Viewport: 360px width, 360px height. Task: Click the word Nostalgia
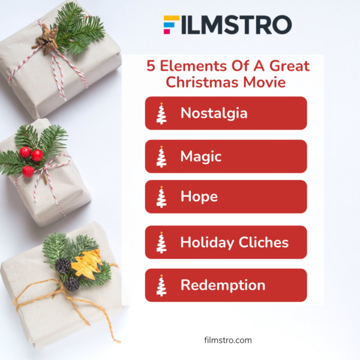(214, 113)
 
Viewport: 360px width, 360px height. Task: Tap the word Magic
(201, 157)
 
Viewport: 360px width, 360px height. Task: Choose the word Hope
(199, 196)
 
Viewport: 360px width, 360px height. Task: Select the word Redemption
(223, 285)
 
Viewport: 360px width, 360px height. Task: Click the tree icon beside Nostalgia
(161, 113)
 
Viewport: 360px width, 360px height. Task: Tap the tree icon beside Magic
(161, 157)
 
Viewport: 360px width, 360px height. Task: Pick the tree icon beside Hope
(161, 197)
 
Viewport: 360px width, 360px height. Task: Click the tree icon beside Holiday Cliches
(161, 242)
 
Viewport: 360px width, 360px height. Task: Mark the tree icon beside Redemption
(161, 286)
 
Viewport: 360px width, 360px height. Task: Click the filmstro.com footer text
(228, 340)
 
